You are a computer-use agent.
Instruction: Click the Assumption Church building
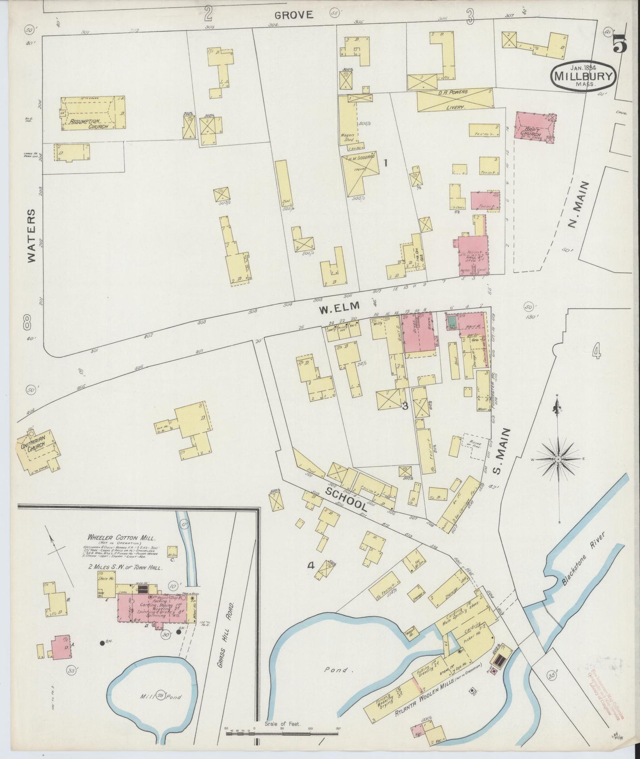pyautogui.click(x=92, y=114)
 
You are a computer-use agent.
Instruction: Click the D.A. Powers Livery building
pyautogui.click(x=454, y=100)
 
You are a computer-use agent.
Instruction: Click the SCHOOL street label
pyautogui.click(x=346, y=499)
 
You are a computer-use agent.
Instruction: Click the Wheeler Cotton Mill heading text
pyautogui.click(x=121, y=537)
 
